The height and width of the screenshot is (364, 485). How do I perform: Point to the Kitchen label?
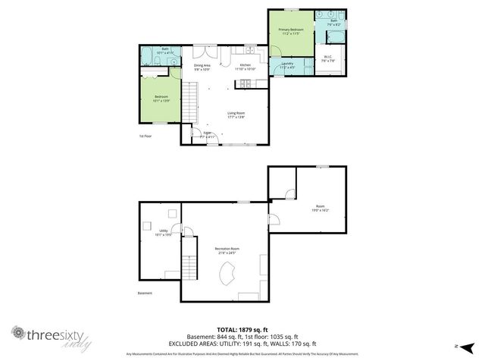246,65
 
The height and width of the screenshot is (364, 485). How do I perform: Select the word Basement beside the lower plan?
145,293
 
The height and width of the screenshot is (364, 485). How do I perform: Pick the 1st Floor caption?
146,136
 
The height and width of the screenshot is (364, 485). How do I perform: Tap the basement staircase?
189,268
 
